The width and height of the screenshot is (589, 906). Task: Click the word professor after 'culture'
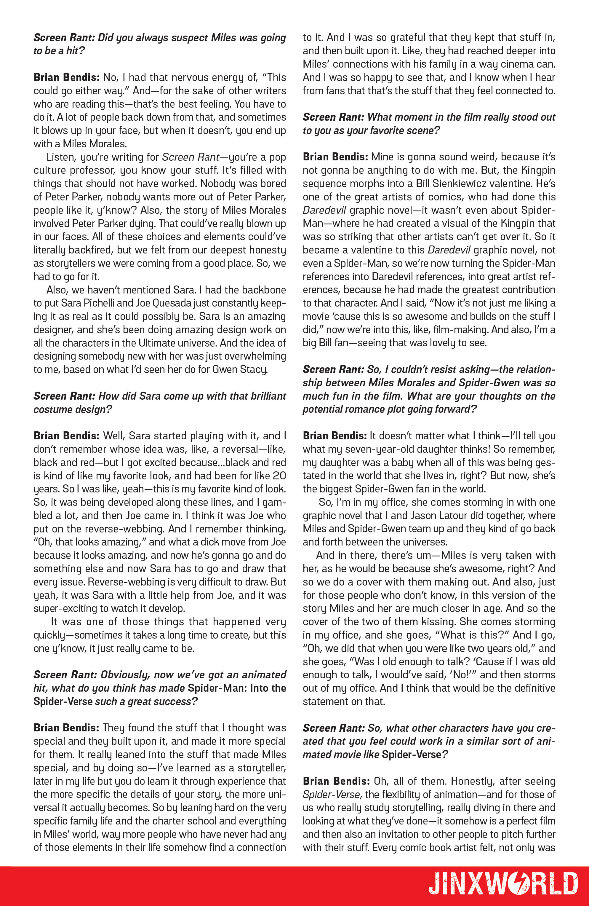pos(95,170)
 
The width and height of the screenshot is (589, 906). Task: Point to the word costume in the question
pos(52,409)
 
